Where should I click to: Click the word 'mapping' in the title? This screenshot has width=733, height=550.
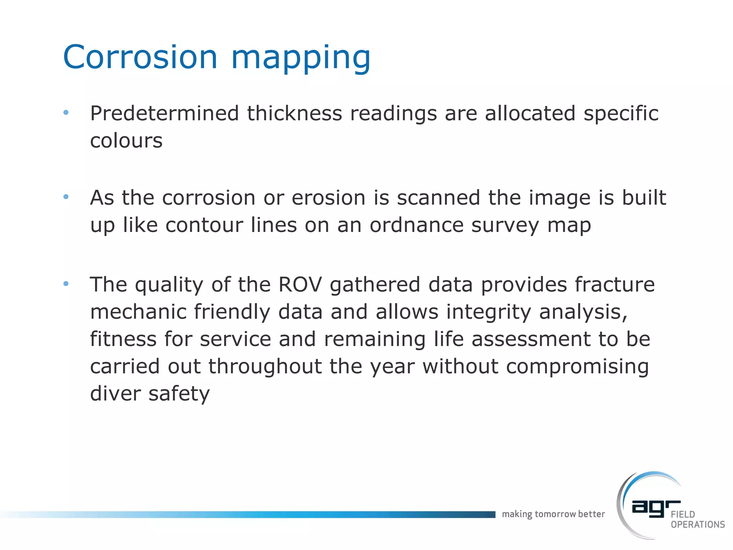coord(301,59)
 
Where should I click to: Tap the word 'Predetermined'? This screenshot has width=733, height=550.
coord(164,114)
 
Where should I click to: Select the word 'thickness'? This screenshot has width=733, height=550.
coord(295,114)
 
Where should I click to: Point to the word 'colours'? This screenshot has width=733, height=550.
coord(126,141)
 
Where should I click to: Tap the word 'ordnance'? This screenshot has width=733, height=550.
coord(417,225)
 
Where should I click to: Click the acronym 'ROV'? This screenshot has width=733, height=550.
coord(300,285)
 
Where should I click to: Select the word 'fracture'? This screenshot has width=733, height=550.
coord(615,285)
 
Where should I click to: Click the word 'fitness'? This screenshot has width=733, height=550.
coord(123,339)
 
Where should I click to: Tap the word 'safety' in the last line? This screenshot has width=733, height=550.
coord(179,394)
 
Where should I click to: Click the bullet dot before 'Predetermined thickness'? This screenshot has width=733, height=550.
coord(66,113)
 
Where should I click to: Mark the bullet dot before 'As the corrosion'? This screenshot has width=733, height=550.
coord(66,197)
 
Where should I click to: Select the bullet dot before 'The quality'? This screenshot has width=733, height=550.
coord(66,284)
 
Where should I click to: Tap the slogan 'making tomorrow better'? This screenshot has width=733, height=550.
coord(553,514)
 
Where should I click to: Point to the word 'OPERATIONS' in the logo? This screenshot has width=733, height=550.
coord(698,525)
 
